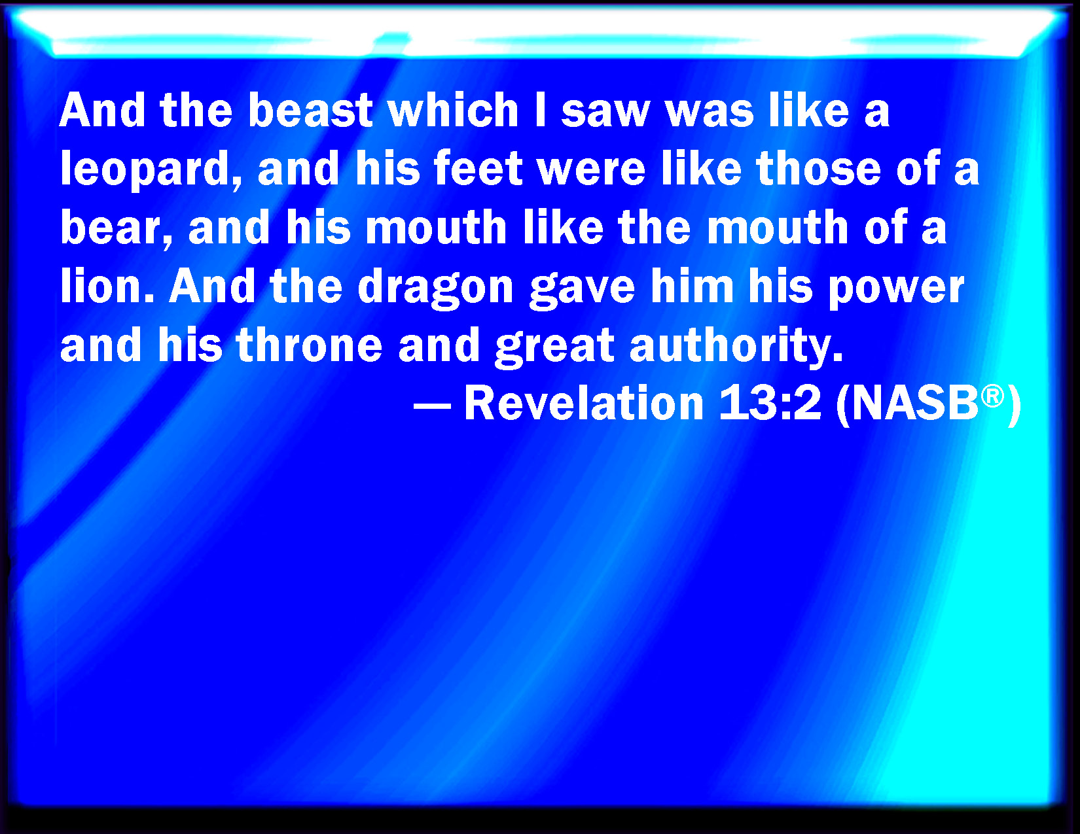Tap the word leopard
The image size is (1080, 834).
pyautogui.click(x=151, y=169)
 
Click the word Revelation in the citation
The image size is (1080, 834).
pyautogui.click(x=583, y=403)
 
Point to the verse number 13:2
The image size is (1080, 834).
pyautogui.click(x=770, y=403)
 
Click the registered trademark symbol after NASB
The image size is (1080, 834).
pyautogui.click(x=992, y=395)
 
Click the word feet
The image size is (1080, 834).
pyautogui.click(x=478, y=169)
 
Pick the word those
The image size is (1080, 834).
pyautogui.click(x=818, y=169)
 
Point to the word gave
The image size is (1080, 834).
pyautogui.click(x=582, y=288)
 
